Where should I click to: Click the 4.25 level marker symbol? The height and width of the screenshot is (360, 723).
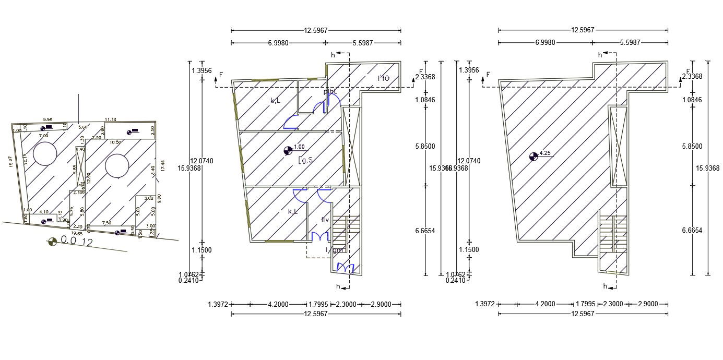pos(533,155)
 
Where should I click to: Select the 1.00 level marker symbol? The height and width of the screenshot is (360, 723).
pos(288,151)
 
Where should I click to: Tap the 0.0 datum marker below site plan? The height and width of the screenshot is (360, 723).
pos(52,241)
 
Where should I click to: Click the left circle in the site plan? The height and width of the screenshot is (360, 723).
pos(45,154)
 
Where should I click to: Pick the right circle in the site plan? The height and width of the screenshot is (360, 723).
pos(116,166)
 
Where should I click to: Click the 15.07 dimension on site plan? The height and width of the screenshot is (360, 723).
pos(10,162)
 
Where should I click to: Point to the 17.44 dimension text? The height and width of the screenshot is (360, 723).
pos(163,166)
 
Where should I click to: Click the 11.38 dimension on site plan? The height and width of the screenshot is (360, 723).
pos(110,119)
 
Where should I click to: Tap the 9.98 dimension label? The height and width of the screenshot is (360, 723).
pos(48,119)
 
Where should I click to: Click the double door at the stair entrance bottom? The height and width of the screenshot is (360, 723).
pos(346,269)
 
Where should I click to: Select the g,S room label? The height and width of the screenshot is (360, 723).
pos(305,160)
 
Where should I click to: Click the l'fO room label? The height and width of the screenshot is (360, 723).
pos(384,79)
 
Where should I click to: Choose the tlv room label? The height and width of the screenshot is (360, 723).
pos(325,219)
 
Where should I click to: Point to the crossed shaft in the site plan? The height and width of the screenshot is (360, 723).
pos(80,165)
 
